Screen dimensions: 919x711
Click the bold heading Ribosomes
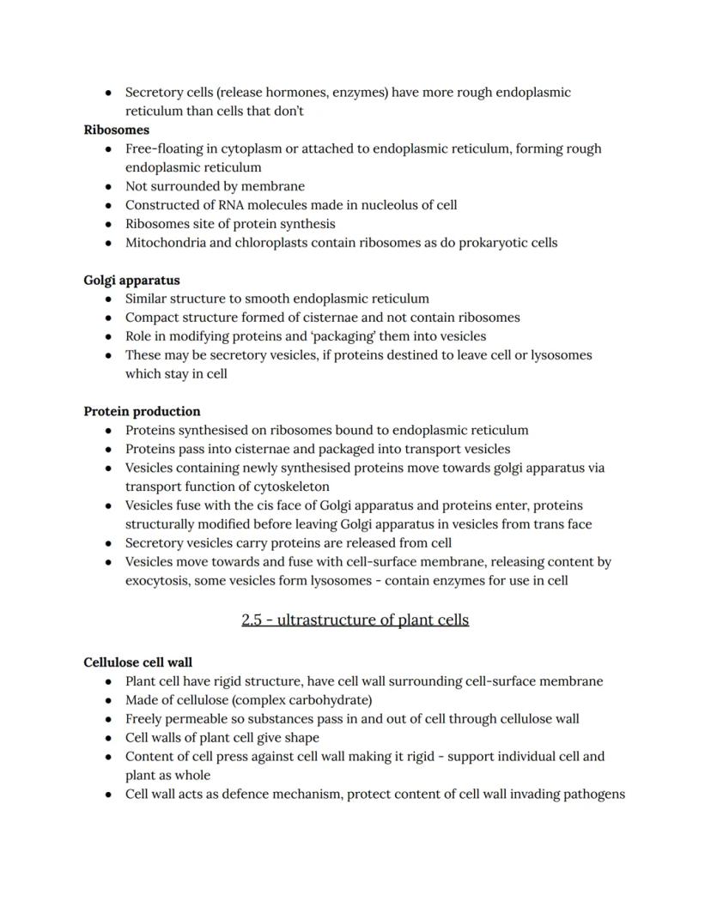117,130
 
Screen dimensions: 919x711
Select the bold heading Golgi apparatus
131,281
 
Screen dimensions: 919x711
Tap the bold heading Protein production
142,411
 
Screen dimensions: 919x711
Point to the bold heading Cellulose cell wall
137,662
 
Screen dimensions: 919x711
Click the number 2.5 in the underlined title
252,620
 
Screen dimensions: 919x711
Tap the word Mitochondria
166,243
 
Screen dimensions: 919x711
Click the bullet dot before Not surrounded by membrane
107,186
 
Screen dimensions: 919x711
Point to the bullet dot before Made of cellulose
107,700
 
